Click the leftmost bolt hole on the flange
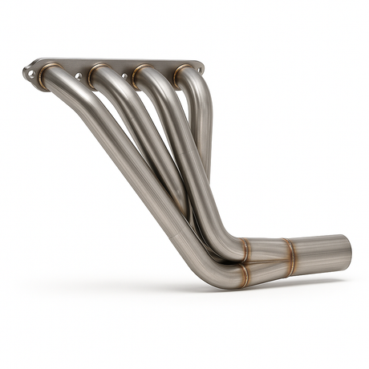pos(31,73)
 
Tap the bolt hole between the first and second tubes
pos(79,76)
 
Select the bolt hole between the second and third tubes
pos(124,77)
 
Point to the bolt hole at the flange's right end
pos(200,69)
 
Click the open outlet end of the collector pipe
pos(347,251)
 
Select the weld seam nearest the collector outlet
pos(290,256)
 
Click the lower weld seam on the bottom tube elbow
pos(242,275)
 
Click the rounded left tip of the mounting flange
pos(25,73)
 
